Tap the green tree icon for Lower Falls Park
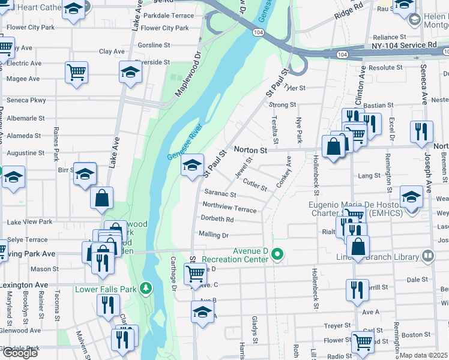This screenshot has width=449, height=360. point(145,289)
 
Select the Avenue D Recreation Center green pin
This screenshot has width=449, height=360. point(277,254)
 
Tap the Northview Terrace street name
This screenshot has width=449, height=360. point(229,207)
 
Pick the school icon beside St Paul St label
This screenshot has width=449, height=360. point(192,166)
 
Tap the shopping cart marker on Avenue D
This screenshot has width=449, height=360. point(196,273)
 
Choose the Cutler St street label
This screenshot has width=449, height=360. point(255,184)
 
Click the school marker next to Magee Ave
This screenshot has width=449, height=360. point(130,73)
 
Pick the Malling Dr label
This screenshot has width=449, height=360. point(213,235)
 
